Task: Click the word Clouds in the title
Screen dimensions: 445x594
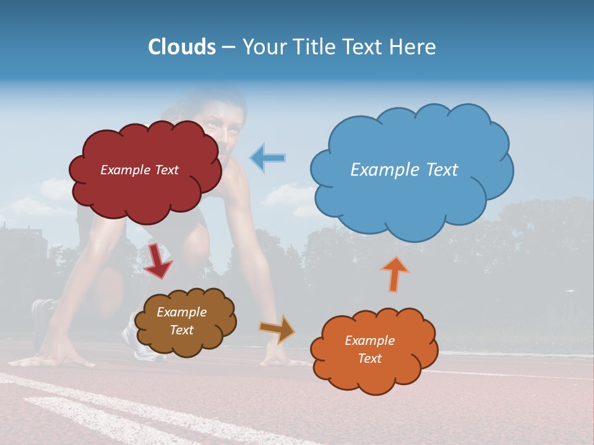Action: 182,47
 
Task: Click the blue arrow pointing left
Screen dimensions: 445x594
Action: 268,158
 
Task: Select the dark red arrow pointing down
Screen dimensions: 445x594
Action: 157,260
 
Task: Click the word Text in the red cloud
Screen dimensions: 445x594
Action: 165,170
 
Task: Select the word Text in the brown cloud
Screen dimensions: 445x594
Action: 182,330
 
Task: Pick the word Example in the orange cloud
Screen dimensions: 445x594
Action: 369,341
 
